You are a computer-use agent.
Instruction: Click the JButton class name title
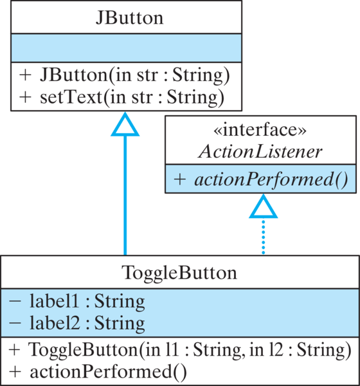click(x=125, y=18)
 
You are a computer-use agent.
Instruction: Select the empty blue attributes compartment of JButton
click(x=125, y=48)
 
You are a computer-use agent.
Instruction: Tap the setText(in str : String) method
click(x=132, y=97)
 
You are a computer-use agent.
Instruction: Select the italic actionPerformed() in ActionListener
click(x=268, y=179)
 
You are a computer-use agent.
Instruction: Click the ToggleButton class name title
click(x=179, y=272)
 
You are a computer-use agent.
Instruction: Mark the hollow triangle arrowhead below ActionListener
click(x=263, y=207)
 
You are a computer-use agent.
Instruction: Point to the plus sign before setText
click(x=24, y=97)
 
